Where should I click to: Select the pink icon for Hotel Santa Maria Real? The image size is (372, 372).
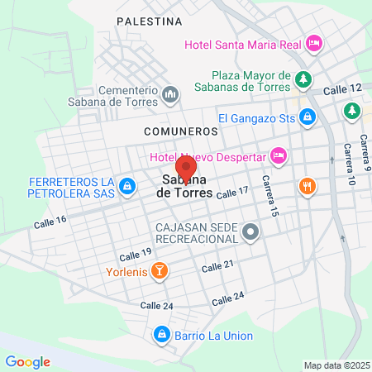pos(313,42)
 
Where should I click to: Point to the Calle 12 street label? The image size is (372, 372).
pos(343,88)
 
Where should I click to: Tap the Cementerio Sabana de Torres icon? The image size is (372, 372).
pos(170,95)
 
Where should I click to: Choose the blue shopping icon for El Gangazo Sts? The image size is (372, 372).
pos(307,118)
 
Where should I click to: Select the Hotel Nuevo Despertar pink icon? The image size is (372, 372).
pos(279,154)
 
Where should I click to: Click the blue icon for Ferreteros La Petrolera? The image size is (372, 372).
pos(126,188)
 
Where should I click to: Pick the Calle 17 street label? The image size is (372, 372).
pos(231,191)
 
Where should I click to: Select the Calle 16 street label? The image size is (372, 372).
pos(50,222)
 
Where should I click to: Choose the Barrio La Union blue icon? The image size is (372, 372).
pos(161,335)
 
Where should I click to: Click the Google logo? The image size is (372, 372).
pos(27,361)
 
